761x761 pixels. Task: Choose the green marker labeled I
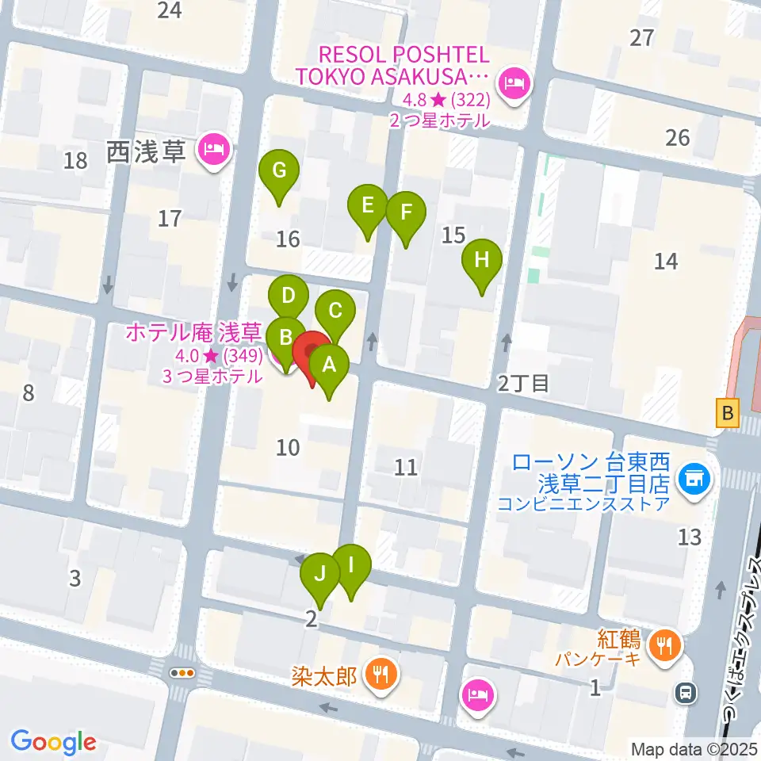click(x=351, y=567)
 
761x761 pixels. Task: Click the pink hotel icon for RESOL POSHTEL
click(x=514, y=82)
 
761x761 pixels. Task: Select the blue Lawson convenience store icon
click(x=694, y=478)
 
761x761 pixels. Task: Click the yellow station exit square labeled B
click(x=728, y=413)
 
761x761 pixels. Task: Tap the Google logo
click(x=53, y=743)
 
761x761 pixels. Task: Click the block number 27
click(x=642, y=37)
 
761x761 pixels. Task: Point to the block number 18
click(x=76, y=161)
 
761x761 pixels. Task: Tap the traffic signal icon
click(x=183, y=673)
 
